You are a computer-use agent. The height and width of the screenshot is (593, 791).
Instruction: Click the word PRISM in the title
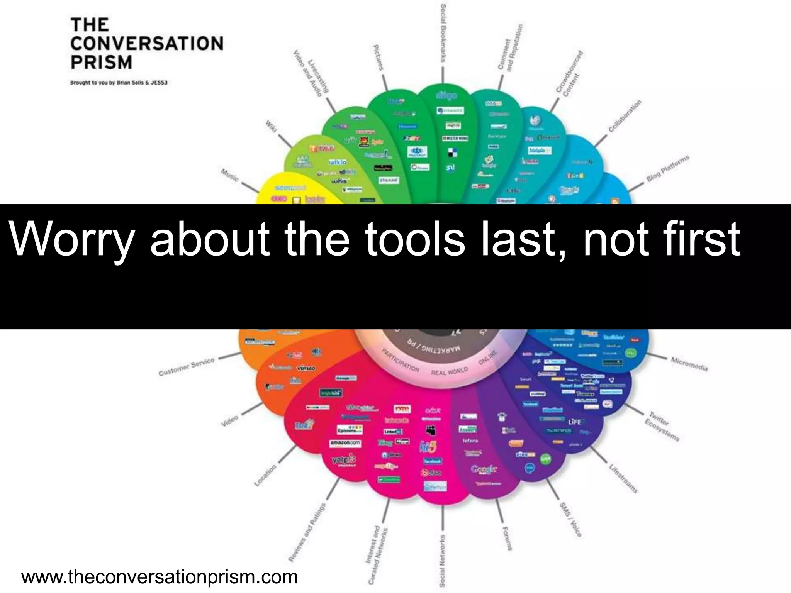101,62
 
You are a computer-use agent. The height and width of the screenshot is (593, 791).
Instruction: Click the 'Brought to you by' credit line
119,83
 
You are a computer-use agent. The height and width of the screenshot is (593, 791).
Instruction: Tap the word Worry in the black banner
71,239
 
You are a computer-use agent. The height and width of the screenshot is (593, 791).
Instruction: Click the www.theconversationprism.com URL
160,577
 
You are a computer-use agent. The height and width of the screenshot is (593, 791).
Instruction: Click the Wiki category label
271,126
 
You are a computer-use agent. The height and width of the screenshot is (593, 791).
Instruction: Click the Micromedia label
689,364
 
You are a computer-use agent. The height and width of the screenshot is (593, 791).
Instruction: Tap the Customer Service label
186,367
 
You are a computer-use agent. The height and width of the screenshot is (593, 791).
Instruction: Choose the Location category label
265,475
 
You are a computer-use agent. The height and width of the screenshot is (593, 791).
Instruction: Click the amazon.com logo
345,444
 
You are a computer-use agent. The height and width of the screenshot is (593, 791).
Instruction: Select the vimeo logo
306,368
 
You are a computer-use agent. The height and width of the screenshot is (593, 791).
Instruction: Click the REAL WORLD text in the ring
449,371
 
